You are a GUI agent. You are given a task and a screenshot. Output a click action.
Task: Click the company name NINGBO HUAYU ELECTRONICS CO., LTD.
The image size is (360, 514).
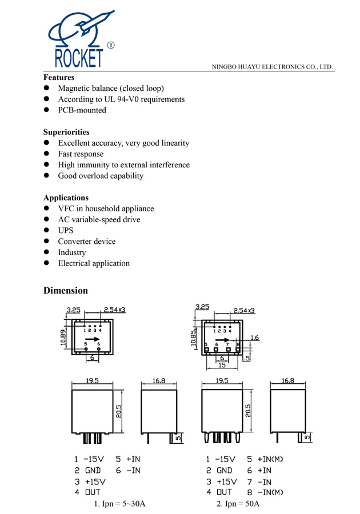(273, 67)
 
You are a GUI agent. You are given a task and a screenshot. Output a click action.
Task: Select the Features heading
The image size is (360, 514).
(59, 77)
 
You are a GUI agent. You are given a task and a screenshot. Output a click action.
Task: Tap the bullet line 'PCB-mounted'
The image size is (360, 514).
(82, 110)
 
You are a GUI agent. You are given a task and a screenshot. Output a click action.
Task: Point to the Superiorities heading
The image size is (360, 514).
(66, 132)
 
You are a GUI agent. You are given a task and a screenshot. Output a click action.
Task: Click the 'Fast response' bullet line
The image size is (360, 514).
(81, 154)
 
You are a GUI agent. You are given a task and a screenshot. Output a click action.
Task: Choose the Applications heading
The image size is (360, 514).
(66, 198)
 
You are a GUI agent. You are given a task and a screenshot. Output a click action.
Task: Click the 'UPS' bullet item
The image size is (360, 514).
(66, 231)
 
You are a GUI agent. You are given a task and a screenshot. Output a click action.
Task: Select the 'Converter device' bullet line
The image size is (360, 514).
(86, 242)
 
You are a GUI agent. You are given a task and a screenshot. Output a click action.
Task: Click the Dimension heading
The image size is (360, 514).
(66, 291)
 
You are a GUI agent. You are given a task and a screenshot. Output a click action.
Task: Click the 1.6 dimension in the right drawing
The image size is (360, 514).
(254, 338)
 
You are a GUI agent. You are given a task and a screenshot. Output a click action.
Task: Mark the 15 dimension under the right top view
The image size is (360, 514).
(221, 365)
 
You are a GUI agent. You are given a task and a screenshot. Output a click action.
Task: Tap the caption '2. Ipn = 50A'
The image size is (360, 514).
(238, 504)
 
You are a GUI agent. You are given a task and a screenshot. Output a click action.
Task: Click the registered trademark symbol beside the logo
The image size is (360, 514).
(110, 45)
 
